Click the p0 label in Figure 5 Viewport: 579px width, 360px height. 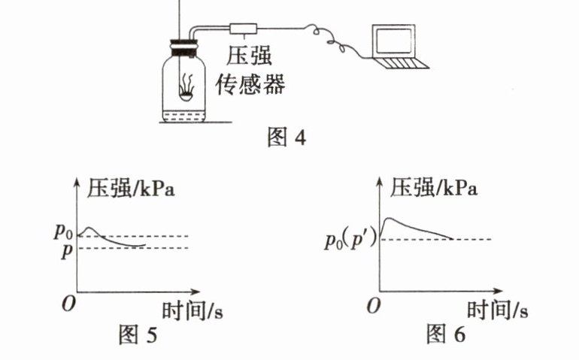point(63,231)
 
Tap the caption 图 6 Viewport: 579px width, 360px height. point(445,334)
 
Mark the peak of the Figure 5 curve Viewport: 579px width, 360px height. point(89,226)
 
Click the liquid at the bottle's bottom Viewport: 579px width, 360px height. point(185,118)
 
